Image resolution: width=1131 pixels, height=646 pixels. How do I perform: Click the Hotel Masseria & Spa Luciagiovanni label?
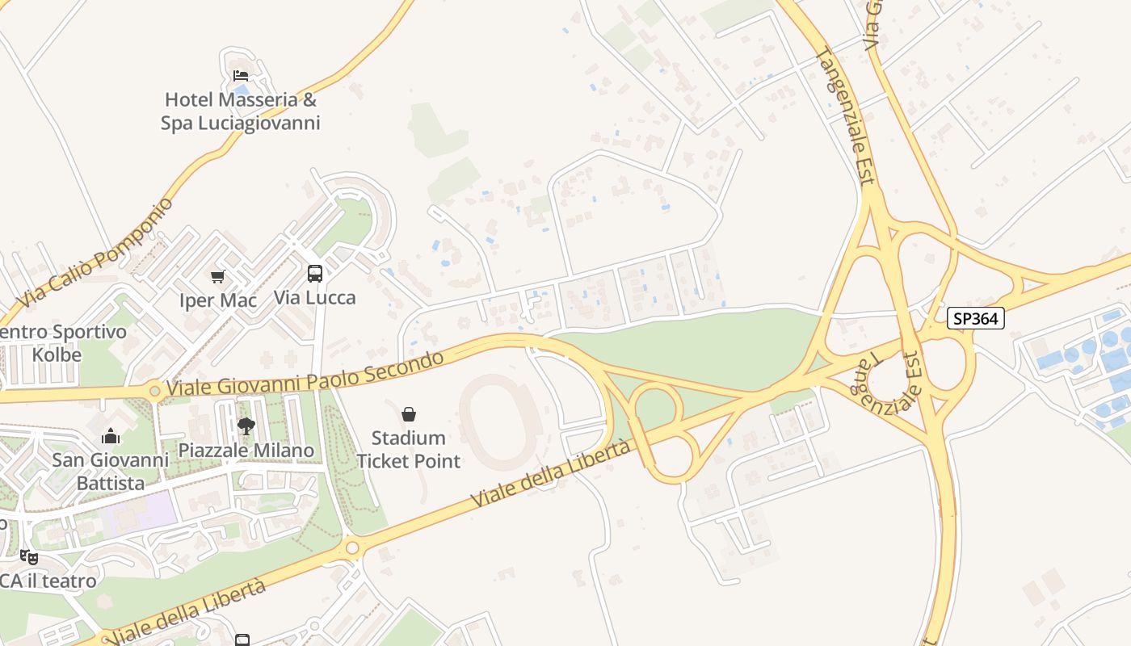point(240,111)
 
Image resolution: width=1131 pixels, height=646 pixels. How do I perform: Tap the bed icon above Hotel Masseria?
point(241,76)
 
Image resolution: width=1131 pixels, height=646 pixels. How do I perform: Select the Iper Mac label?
point(217,300)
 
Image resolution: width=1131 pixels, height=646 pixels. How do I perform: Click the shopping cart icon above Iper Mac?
point(217,277)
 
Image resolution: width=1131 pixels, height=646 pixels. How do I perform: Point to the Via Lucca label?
point(314,297)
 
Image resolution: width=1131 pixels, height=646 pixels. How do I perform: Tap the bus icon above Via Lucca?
point(314,274)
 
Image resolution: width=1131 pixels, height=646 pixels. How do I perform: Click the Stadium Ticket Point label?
point(409,449)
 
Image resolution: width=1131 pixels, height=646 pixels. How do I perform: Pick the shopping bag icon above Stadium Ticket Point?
point(409,414)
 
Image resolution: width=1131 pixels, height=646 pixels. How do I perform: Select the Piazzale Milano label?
point(246,450)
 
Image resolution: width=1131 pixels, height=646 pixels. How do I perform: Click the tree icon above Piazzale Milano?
point(246,426)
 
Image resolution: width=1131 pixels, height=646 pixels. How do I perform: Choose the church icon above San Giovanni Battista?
point(111,437)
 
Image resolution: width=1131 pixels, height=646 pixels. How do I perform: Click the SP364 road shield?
point(975,318)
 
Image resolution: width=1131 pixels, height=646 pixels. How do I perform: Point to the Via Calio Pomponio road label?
point(95,253)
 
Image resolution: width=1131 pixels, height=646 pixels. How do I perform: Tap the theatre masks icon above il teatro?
point(29,556)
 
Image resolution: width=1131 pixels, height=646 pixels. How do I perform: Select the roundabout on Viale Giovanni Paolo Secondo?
point(155,392)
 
